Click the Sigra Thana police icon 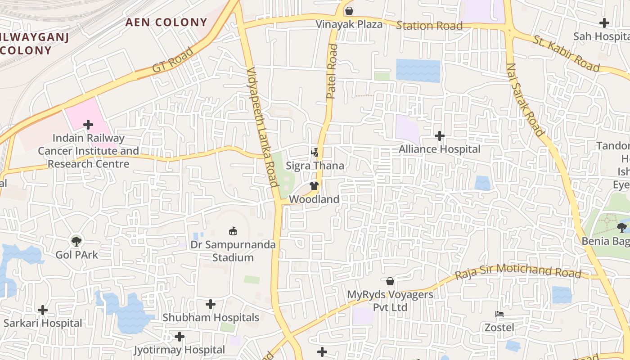coord(315,153)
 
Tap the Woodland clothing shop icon coord(314,186)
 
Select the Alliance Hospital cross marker coord(440,135)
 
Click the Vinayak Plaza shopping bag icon coord(349,11)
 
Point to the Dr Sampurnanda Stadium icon coord(233,232)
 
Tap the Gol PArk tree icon coord(76,241)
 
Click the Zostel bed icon coord(499,314)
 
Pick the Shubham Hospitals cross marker coord(211,304)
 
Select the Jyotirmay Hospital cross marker coord(180,337)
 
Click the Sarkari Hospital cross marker coord(43,310)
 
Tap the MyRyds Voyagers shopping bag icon coord(390,281)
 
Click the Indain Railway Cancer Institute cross coord(88,125)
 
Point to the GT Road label coord(173,59)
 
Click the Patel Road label coord(332,71)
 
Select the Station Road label coord(429,26)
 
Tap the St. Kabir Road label coord(567,53)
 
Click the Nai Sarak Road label coord(525,99)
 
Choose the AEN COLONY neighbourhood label coord(166,22)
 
